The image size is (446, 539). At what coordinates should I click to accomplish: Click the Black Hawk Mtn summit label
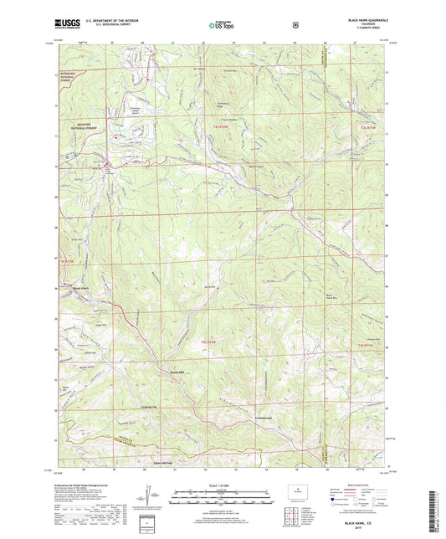(x=353, y=295)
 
